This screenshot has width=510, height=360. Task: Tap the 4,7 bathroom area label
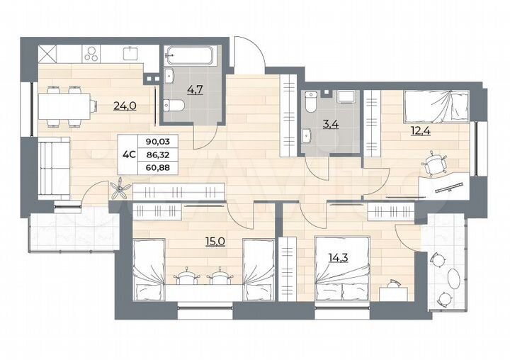tap(174, 89)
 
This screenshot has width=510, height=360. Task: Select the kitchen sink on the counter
tap(130, 52)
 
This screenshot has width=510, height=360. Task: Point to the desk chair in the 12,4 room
tap(434, 164)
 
